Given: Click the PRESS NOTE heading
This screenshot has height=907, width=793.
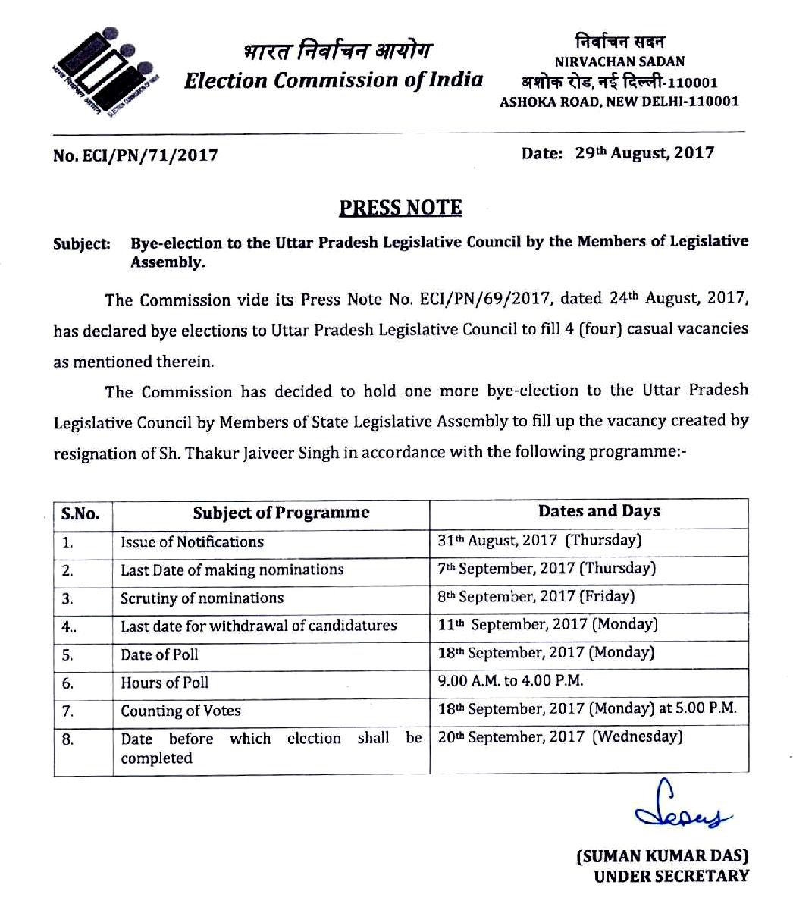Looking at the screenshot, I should pyautogui.click(x=400, y=208).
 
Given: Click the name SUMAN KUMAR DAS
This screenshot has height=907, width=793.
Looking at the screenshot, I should pyautogui.click(x=663, y=857).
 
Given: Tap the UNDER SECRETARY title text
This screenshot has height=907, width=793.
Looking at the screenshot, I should pyautogui.click(x=671, y=877).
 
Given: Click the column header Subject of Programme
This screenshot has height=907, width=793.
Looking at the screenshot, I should pyautogui.click(x=281, y=513).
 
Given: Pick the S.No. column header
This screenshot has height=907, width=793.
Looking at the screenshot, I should pyautogui.click(x=80, y=513).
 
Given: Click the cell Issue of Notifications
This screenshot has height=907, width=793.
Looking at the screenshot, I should pyautogui.click(x=193, y=541).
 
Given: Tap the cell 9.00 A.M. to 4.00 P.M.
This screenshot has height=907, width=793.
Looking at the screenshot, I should pyautogui.click(x=511, y=680).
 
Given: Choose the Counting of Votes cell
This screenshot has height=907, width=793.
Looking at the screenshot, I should pyautogui.click(x=181, y=711).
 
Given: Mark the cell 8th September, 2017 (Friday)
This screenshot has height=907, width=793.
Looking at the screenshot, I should pyautogui.click(x=536, y=596).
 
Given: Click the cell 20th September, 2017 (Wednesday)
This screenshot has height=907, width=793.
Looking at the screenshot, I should pyautogui.click(x=560, y=736).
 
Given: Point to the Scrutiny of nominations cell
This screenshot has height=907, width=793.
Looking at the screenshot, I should pyautogui.click(x=202, y=598).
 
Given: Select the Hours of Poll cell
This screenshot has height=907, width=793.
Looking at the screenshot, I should pyautogui.click(x=165, y=682).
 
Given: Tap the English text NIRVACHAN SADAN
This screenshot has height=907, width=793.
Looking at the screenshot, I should pyautogui.click(x=619, y=61).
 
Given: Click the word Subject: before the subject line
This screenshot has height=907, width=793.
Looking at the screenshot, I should pyautogui.click(x=82, y=244).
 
